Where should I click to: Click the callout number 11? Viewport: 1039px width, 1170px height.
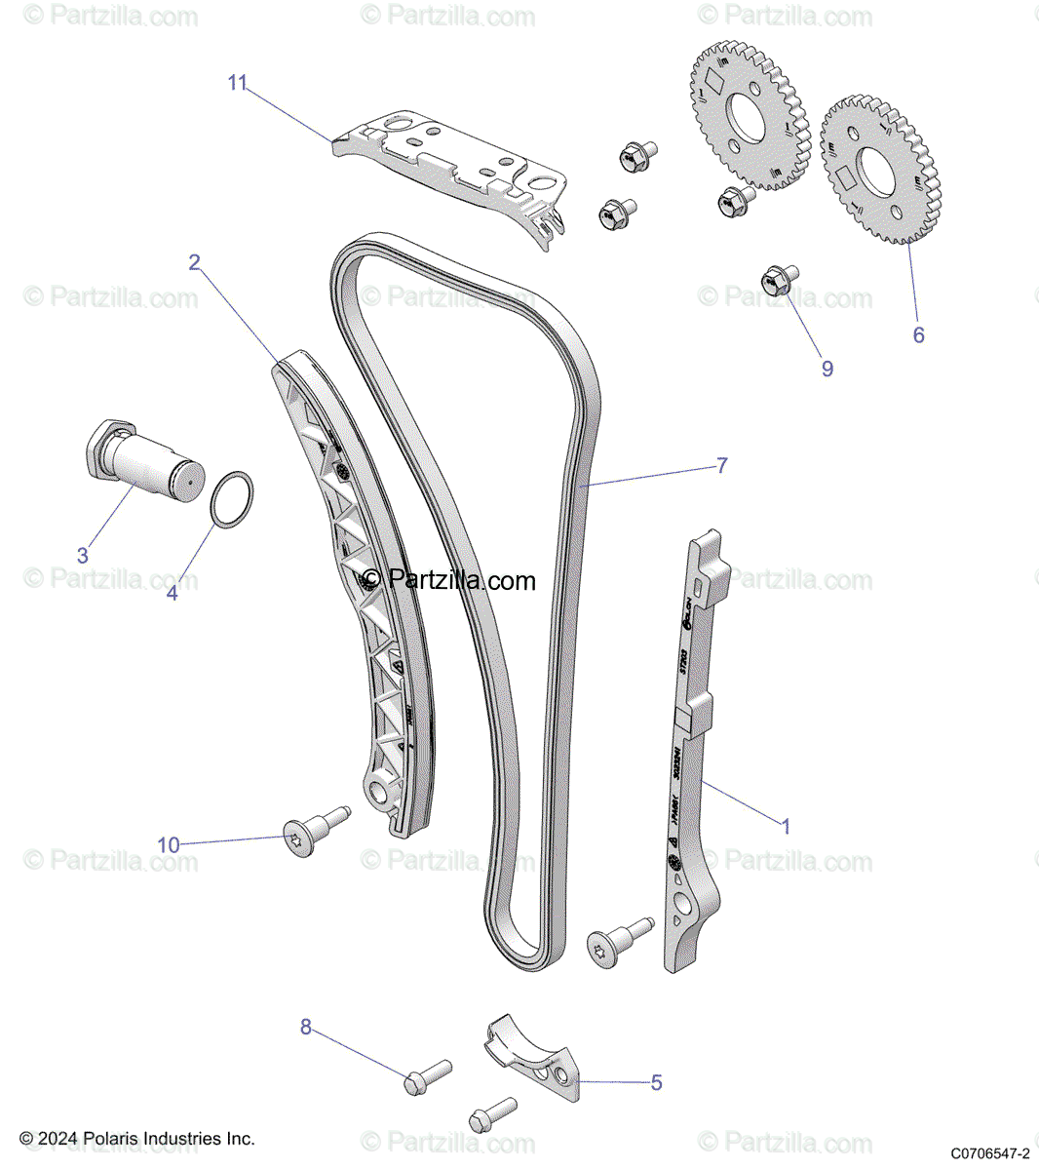pyautogui.click(x=238, y=83)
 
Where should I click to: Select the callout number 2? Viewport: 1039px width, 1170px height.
pyautogui.click(x=195, y=261)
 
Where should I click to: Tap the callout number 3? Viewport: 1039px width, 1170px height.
pyautogui.click(x=83, y=556)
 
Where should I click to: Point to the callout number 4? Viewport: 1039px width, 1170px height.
pyautogui.click(x=173, y=592)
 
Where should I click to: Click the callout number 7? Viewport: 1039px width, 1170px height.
pyautogui.click(x=721, y=466)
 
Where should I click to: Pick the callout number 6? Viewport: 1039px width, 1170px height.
pyautogui.click(x=918, y=334)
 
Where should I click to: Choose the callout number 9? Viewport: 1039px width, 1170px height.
pyautogui.click(x=827, y=369)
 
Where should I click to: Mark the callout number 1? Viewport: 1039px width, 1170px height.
pyautogui.click(x=786, y=826)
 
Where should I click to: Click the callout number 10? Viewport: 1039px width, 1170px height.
pyautogui.click(x=169, y=844)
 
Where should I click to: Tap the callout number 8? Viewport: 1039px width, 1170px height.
pyautogui.click(x=306, y=1027)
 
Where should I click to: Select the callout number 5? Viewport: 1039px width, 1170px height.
pyautogui.click(x=656, y=1082)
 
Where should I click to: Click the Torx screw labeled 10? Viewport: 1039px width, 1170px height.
pyautogui.click(x=310, y=834)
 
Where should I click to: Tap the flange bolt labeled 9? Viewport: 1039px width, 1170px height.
pyautogui.click(x=777, y=282)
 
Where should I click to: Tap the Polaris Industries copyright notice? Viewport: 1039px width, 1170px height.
pyautogui.click(x=137, y=1139)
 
